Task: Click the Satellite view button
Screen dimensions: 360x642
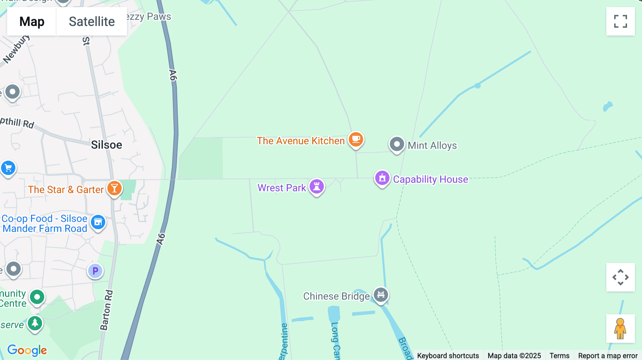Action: tap(92, 21)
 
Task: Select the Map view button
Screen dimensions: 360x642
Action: tap(32, 21)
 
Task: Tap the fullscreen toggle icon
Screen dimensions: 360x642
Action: tap(620, 21)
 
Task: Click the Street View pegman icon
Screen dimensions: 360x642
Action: tap(620, 329)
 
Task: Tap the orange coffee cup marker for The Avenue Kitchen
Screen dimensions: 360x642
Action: tap(356, 139)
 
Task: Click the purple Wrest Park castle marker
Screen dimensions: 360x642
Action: tap(316, 186)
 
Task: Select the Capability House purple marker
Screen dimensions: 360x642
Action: tap(382, 178)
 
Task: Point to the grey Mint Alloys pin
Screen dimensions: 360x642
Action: tap(397, 144)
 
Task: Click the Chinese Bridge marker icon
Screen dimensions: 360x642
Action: tap(381, 295)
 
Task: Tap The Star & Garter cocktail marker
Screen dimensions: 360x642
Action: tap(114, 188)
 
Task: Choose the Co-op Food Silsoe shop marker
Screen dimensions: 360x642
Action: tap(98, 222)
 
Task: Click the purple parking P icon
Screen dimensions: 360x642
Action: tap(95, 271)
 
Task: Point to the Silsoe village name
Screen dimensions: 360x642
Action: tap(106, 145)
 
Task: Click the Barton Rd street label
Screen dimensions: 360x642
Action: tap(106, 310)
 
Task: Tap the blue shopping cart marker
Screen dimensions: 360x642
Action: tap(8, 168)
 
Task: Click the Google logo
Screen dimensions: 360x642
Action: tap(27, 350)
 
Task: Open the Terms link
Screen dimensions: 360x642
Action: tap(559, 355)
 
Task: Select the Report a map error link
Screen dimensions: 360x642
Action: tap(608, 355)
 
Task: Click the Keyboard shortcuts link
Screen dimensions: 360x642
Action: tap(448, 355)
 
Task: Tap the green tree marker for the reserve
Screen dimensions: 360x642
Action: tap(35, 323)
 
